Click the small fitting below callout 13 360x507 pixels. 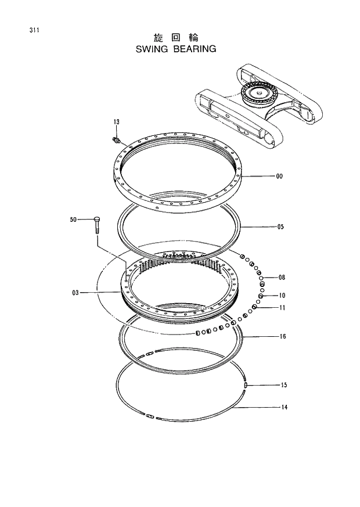[116, 139]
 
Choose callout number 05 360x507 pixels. [280, 226]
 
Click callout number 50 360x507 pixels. [73, 220]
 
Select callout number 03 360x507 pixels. [75, 293]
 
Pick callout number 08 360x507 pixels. [282, 277]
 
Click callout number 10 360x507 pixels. [282, 295]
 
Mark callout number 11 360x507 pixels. [282, 307]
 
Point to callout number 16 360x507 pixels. [282, 336]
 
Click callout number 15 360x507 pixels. [284, 385]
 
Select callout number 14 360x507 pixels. [284, 407]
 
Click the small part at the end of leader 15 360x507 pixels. [246, 384]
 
